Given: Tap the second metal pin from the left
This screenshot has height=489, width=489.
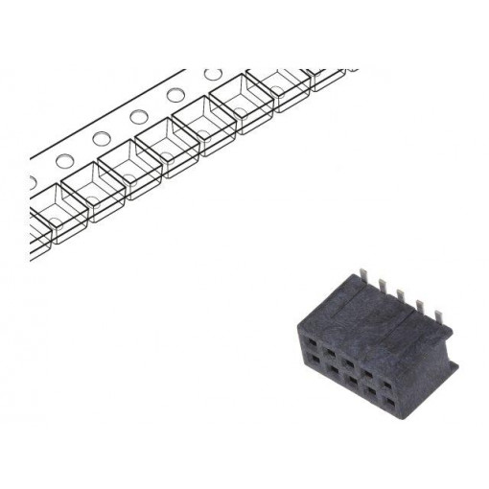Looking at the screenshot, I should click(384, 286).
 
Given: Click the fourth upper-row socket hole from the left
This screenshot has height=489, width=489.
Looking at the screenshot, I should click(368, 373).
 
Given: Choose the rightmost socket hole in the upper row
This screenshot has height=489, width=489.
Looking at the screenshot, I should click(388, 384).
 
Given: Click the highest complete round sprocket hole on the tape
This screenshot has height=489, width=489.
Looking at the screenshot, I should click(214, 74).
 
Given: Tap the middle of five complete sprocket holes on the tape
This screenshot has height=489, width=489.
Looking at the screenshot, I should click(139, 117).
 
